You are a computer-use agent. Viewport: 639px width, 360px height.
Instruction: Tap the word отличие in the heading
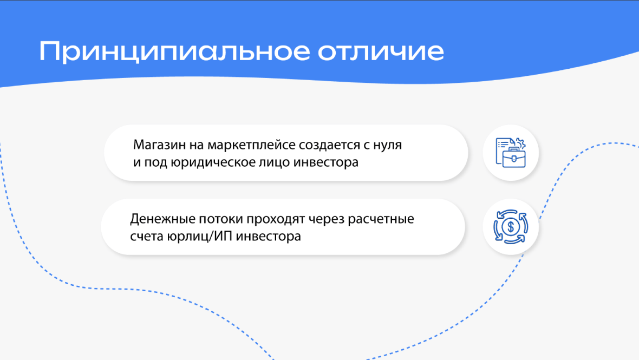pos(381,52)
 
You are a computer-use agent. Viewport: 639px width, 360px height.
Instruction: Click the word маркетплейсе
pos(251,146)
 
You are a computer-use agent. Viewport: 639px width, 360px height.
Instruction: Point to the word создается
pos(329,146)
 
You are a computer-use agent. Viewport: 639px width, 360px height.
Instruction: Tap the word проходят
pos(276,219)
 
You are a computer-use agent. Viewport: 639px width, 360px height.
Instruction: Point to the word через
pos(326,219)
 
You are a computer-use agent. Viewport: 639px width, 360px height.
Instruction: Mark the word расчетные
pos(381,219)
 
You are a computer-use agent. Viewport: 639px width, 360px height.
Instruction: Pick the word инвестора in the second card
pos(269,236)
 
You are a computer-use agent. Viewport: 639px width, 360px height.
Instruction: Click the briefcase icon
pos(513,157)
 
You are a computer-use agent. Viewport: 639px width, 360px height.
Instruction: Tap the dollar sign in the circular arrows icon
pos(511,227)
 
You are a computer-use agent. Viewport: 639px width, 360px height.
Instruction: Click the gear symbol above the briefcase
pos(520,143)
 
